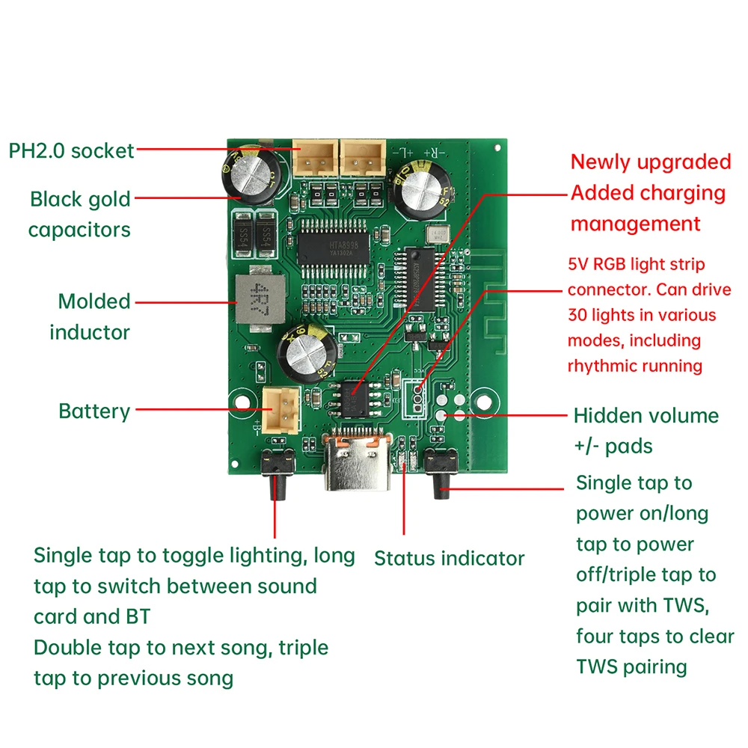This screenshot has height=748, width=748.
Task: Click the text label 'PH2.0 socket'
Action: (71, 150)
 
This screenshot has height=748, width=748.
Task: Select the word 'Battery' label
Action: (94, 411)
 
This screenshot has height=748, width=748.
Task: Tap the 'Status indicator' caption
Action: (449, 558)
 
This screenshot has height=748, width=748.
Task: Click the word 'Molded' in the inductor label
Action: (94, 301)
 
